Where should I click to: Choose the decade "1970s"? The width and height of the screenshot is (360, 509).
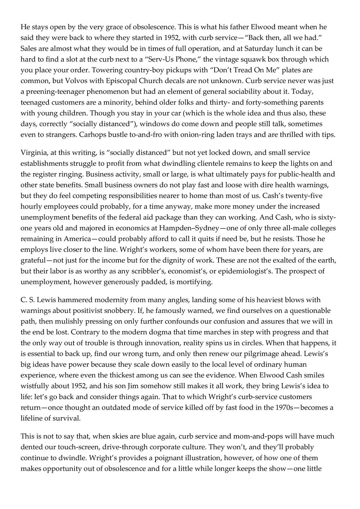click(x=277, y=408)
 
